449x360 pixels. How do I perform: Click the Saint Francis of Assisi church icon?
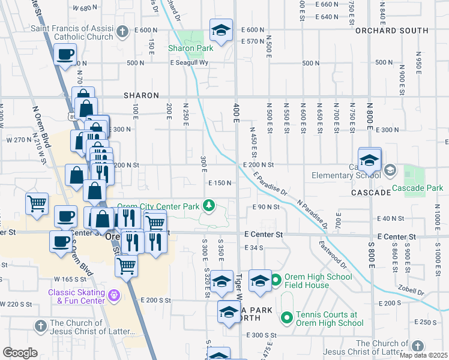click(x=122, y=31)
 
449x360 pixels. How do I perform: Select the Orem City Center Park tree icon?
click(x=209, y=206)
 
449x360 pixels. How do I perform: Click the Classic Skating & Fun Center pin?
click(x=114, y=295)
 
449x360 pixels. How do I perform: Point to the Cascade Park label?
click(x=417, y=188)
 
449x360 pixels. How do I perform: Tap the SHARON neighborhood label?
click(x=142, y=95)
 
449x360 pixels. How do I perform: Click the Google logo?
click(x=20, y=353)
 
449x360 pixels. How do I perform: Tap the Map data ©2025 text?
click(x=423, y=355)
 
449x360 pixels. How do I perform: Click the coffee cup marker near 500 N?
click(x=64, y=54)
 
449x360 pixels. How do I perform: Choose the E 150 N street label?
click(x=220, y=182)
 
